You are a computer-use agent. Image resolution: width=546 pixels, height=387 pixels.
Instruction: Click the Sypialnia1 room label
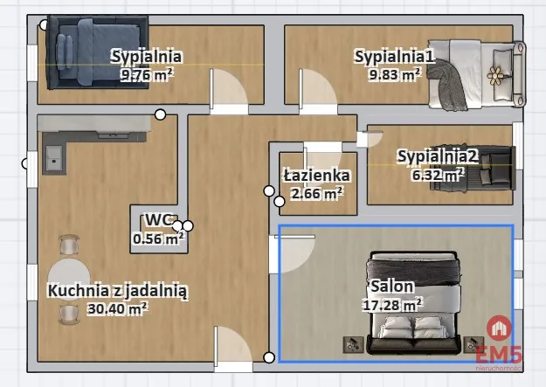[395, 56]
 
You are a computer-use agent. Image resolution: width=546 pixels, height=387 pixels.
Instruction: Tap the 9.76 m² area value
[147, 74]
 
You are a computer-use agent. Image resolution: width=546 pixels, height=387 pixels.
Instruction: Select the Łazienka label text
[316, 176]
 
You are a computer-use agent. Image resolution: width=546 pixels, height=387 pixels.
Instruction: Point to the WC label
[159, 220]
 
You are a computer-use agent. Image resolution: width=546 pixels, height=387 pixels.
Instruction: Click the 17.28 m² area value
[392, 304]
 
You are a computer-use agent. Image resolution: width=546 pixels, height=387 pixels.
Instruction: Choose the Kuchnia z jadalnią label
[118, 291]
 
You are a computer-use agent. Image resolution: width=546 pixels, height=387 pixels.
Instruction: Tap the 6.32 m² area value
[438, 175]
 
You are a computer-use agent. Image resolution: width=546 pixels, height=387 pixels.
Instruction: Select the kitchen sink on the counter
[53, 158]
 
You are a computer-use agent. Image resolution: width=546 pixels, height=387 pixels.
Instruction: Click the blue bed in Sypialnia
[97, 52]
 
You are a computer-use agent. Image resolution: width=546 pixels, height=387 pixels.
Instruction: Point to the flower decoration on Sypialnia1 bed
[494, 75]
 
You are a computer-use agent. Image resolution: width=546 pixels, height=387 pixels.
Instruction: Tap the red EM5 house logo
[500, 328]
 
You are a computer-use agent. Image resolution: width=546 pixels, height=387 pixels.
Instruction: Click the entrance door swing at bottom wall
[232, 345]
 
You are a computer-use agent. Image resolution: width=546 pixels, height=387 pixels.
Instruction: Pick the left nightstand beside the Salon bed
[354, 344]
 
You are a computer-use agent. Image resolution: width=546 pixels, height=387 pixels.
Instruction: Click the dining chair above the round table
[69, 245]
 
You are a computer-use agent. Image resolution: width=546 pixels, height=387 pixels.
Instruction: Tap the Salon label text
[392, 287]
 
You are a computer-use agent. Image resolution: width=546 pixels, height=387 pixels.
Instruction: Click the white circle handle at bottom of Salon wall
[269, 357]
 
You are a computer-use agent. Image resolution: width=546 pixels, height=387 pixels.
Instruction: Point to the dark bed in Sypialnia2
[473, 169]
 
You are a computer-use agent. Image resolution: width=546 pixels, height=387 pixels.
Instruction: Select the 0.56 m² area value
[158, 238]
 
